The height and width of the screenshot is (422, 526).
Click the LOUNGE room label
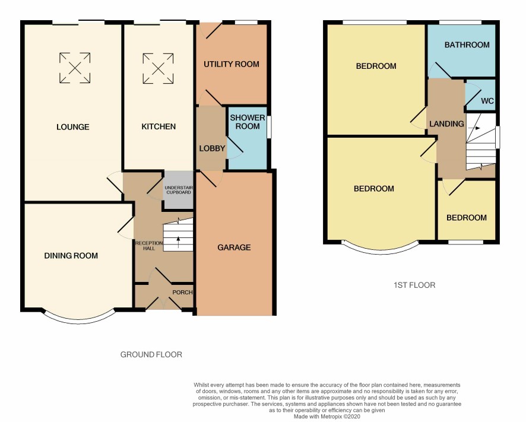[x=73, y=127]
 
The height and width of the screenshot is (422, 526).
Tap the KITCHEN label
[x=159, y=126]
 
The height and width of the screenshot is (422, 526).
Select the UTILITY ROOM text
[x=232, y=64]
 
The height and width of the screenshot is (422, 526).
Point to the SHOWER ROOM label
[x=248, y=122]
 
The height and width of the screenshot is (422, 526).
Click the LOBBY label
[x=212, y=148]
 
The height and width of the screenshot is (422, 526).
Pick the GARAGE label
[x=234, y=248]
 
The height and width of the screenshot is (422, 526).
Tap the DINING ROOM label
[x=71, y=256]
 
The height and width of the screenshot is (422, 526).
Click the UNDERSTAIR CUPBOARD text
[x=179, y=190]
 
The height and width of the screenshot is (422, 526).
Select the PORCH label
[x=182, y=292]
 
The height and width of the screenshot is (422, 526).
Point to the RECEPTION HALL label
[x=149, y=246]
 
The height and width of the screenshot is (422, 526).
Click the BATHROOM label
[x=467, y=45]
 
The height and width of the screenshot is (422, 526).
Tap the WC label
[x=487, y=101]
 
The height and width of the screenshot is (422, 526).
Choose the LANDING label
[x=447, y=124]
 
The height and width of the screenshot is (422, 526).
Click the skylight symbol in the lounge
[x=75, y=68]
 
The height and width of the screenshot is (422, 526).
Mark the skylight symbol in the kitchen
[x=158, y=68]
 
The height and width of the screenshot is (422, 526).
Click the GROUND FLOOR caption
[x=151, y=354]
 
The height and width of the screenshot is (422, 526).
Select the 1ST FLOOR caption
[x=414, y=285]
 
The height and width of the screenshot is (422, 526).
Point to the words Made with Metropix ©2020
[x=327, y=417]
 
